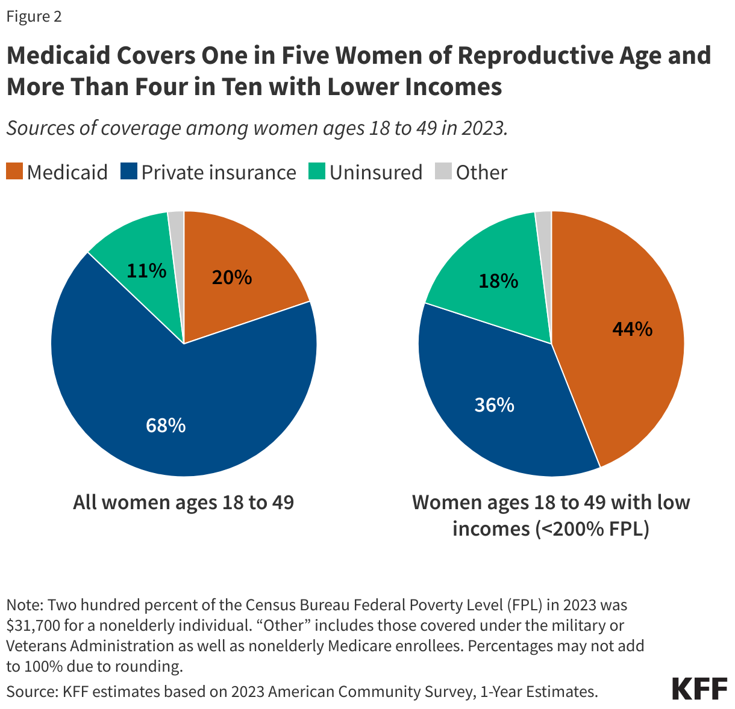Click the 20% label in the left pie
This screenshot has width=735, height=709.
231,277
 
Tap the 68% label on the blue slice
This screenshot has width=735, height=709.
165,426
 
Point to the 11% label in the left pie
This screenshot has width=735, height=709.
146,271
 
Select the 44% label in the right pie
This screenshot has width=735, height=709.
632,329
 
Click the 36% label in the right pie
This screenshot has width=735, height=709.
494,405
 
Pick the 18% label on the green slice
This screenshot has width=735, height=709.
498,280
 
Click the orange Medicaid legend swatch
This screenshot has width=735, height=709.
14,172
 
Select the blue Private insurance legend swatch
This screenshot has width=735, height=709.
129,172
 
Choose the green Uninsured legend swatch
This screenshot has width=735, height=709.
317,172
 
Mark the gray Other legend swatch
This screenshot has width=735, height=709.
443,172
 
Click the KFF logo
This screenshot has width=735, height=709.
699,688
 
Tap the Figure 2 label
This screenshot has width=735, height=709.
34,16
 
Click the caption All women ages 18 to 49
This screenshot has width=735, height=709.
183,502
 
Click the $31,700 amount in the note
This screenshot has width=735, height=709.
33,625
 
